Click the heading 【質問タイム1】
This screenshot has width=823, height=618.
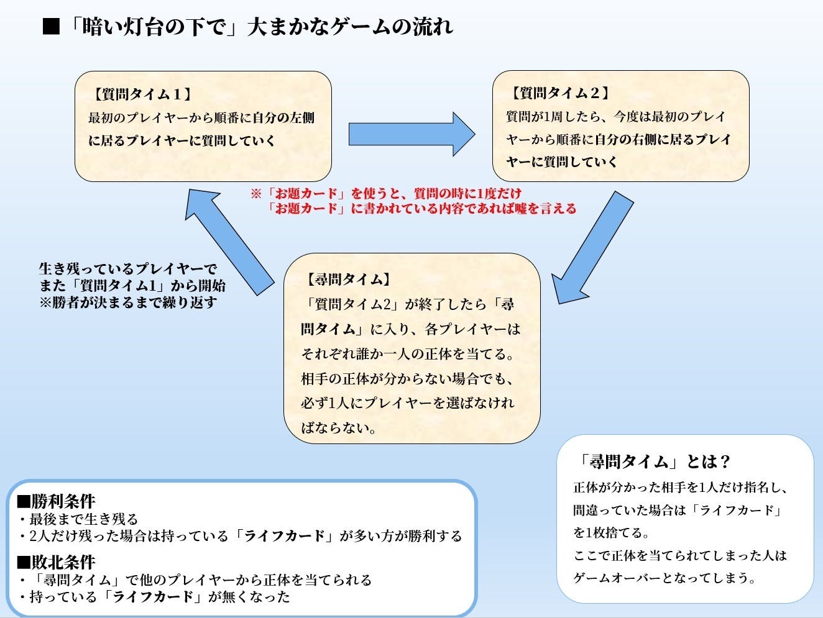(x=141, y=94)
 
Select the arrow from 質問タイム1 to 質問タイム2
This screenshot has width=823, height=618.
(x=411, y=134)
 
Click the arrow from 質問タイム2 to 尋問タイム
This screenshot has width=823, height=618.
(x=594, y=248)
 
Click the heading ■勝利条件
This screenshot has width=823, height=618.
(x=56, y=501)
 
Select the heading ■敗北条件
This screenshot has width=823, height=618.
(x=56, y=561)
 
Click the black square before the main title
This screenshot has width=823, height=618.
(x=51, y=27)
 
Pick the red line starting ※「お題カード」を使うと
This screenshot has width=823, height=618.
(x=385, y=193)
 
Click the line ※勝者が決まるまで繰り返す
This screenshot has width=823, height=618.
(x=127, y=302)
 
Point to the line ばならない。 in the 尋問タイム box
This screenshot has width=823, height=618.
(x=339, y=428)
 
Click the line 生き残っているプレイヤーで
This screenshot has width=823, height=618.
(x=128, y=269)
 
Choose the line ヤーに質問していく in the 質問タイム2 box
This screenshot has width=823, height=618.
(x=561, y=161)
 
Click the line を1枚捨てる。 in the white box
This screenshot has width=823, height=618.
(x=612, y=532)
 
